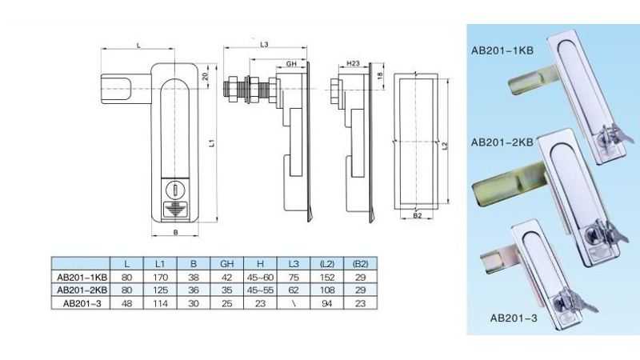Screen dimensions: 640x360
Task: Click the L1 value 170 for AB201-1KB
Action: coord(160,278)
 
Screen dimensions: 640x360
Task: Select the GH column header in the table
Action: coord(226,264)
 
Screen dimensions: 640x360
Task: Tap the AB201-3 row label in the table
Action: coord(82,303)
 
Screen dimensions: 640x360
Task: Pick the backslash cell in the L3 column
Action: coord(294,303)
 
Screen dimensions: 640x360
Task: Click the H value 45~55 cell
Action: coord(260,290)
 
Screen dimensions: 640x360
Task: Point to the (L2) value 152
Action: coord(327,278)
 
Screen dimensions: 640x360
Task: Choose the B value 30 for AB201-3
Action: coord(194,303)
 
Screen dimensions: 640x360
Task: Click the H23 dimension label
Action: coord(353,63)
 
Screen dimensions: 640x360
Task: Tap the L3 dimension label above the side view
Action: coord(265,44)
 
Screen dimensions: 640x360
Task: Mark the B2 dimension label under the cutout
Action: coord(417,215)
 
